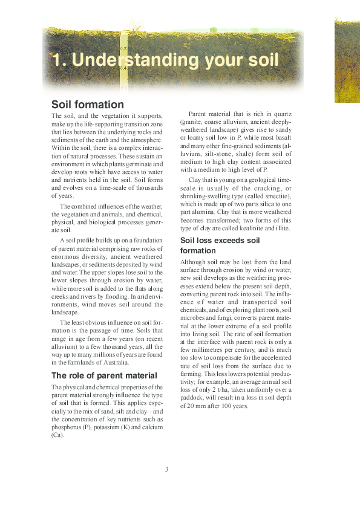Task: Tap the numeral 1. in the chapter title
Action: click(59, 61)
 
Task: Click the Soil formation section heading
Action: click(88, 105)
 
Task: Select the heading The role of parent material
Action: click(104, 375)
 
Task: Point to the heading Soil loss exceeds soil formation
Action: click(220, 245)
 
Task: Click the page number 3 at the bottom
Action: click(166, 469)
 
